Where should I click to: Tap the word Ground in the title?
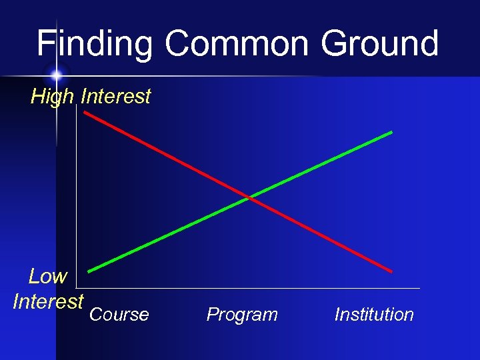(x=380, y=44)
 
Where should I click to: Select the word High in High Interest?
(x=52, y=97)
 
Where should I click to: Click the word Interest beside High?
(x=115, y=97)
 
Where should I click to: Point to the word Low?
(x=48, y=276)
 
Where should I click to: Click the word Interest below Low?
(x=48, y=301)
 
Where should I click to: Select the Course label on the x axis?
(x=119, y=315)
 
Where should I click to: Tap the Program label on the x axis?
(x=242, y=315)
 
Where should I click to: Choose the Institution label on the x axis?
(x=374, y=315)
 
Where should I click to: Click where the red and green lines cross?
(x=249, y=197)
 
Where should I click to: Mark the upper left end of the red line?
(x=85, y=112)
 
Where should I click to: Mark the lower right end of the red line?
(x=392, y=271)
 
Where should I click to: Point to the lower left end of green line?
(x=89, y=271)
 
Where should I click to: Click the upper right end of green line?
(x=392, y=132)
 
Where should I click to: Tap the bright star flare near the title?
(x=56, y=73)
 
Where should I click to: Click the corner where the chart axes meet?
(x=77, y=288)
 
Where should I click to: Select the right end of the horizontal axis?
(x=419, y=288)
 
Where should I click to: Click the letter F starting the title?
(x=46, y=44)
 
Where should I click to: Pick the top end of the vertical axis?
(x=77, y=107)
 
